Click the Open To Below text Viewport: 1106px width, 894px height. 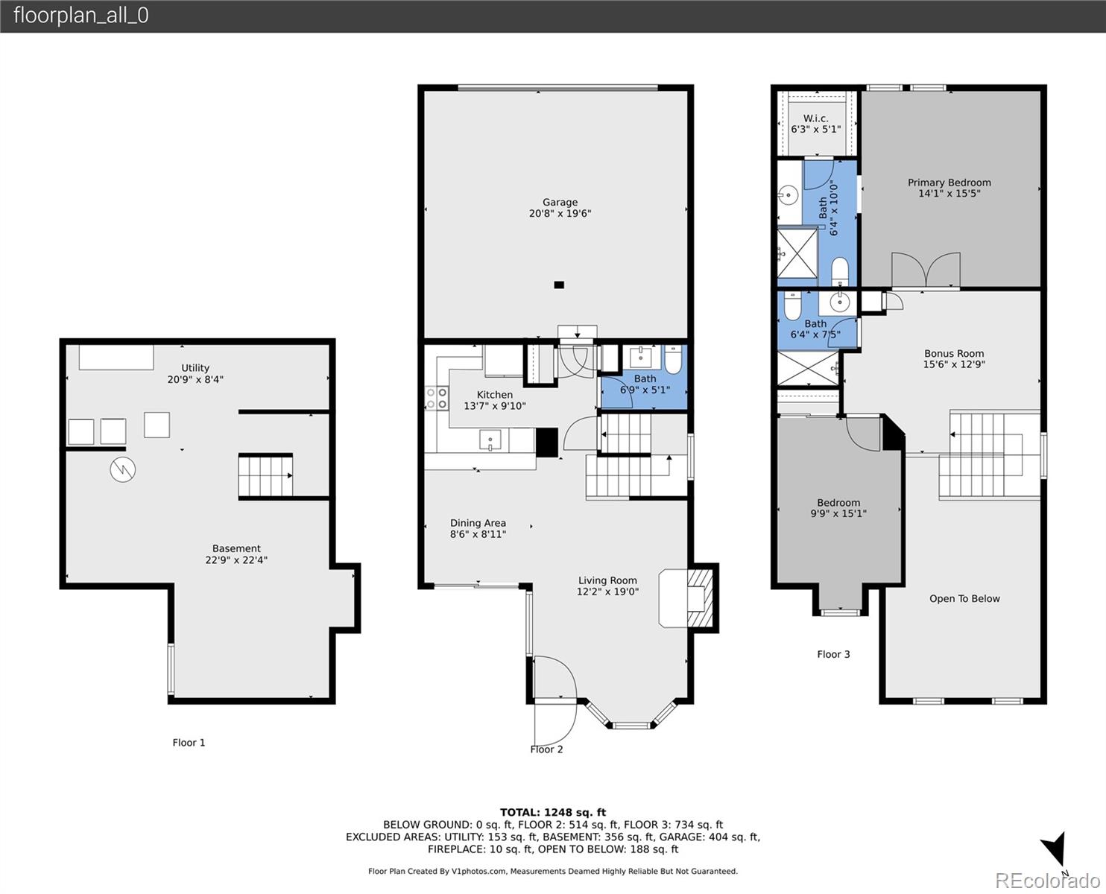click(x=964, y=599)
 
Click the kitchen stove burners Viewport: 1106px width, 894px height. click(x=436, y=398)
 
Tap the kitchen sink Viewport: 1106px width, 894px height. click(x=490, y=440)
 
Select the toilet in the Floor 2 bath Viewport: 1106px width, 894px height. click(x=672, y=360)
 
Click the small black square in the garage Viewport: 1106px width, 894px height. click(x=559, y=285)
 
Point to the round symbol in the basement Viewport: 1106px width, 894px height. click(x=122, y=469)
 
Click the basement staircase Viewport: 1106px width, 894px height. click(x=265, y=476)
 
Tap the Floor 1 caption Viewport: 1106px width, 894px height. click(x=189, y=743)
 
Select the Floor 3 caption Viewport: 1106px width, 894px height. click(x=833, y=655)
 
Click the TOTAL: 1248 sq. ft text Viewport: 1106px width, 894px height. click(x=552, y=813)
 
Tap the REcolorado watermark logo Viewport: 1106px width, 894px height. click(x=1047, y=881)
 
